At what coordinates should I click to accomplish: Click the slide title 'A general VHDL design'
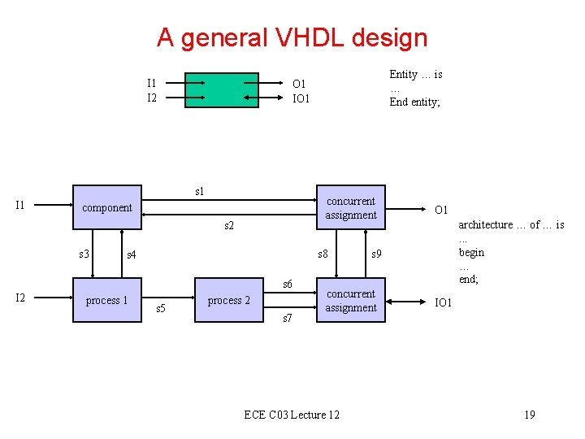coord(292,37)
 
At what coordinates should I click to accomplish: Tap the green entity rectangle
coord(221,90)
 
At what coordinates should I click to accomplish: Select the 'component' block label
coord(107,207)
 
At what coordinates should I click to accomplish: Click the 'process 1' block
coord(107,300)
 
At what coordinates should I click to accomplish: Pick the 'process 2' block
coord(229,300)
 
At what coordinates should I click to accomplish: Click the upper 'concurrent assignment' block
coord(351,208)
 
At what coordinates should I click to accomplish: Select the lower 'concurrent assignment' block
coord(351,301)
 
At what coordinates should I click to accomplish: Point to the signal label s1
coord(200,192)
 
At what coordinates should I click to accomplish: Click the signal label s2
coord(229,225)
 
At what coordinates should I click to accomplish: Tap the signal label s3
coord(84,254)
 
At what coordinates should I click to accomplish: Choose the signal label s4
coord(132,255)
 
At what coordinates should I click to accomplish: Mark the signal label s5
coord(160,309)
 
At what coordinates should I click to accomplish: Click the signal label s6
coord(288,284)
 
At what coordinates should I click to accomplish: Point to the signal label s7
coord(288,319)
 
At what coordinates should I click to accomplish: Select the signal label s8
coord(323,254)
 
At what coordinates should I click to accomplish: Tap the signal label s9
coord(377,254)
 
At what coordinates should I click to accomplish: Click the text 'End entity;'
coord(414,102)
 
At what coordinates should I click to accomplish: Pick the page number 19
coord(529,415)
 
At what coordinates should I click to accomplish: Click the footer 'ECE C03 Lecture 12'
coord(292,415)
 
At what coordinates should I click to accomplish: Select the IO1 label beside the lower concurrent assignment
coord(444,303)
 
